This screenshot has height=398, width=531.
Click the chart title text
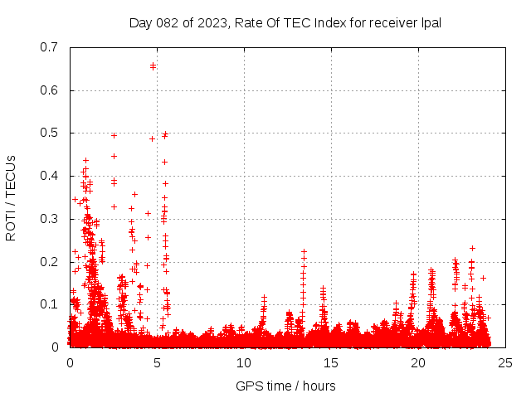(285, 22)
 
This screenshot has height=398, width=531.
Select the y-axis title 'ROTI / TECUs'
(11, 197)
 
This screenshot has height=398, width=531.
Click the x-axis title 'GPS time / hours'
(285, 386)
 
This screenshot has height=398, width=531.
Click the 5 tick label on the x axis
(157, 363)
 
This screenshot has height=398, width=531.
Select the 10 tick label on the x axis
(244, 363)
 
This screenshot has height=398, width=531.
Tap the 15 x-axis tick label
(331, 363)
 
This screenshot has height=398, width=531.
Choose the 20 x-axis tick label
(418, 363)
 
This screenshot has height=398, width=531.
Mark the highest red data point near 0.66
(153, 66)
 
